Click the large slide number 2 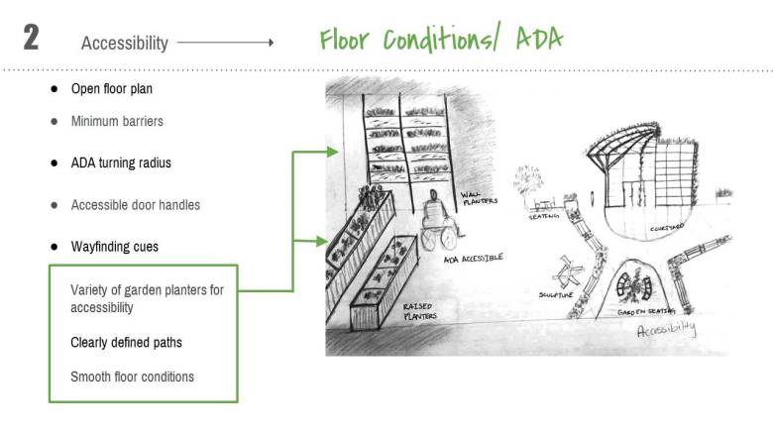(x=31, y=39)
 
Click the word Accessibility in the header (x=125, y=44)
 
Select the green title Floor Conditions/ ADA (x=441, y=40)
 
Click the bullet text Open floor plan (x=111, y=88)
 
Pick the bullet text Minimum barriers (x=117, y=122)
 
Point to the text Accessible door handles (x=135, y=205)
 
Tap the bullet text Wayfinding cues (x=114, y=246)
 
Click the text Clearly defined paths (x=126, y=342)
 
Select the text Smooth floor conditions (x=132, y=377)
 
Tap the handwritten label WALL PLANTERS (x=480, y=200)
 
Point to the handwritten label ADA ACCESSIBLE (x=473, y=259)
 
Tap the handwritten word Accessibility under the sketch (x=666, y=330)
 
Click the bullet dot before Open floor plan (x=55, y=88)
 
